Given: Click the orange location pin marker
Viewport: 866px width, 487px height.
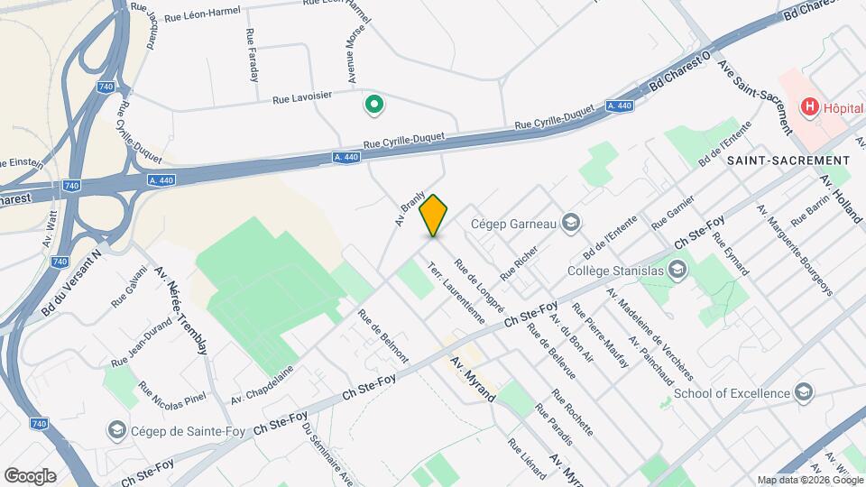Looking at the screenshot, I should point(434,215).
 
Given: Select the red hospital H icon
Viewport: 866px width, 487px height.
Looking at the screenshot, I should point(809,107).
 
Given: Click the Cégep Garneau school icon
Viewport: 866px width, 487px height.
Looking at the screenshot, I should point(570,222).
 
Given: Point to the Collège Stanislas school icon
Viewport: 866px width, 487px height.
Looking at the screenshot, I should point(678,269).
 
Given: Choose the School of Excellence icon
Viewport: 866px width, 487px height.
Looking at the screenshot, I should point(804,392).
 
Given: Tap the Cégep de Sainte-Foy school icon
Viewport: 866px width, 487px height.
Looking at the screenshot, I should point(116,428).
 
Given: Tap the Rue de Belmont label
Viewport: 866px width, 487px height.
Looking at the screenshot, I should point(382,336).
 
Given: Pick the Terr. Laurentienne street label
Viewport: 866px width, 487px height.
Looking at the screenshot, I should point(456,292).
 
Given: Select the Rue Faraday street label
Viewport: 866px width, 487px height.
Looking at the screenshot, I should point(253,53).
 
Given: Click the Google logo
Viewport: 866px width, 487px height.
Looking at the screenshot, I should point(30,475).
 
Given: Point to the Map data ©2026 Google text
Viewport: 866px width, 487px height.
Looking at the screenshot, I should point(809,480).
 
